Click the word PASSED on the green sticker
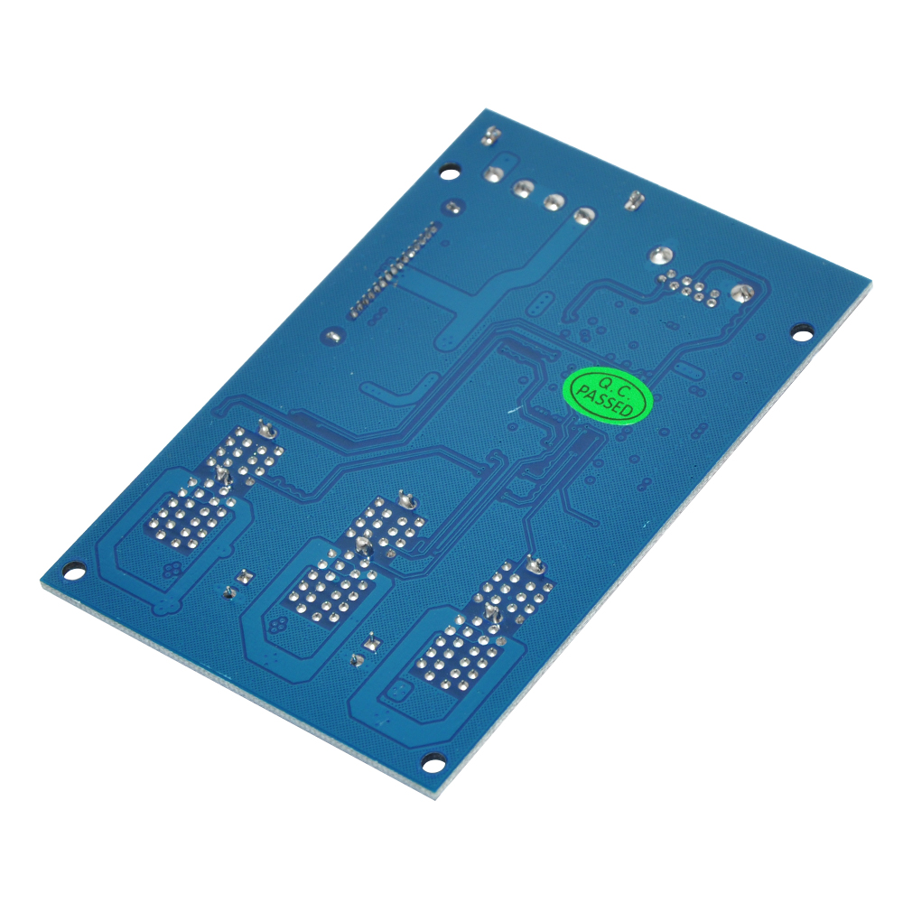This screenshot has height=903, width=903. (605, 403)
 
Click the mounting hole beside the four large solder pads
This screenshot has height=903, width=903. (449, 172)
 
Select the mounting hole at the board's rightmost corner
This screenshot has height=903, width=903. (802, 332)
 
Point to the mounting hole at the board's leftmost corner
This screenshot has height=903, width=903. (72, 573)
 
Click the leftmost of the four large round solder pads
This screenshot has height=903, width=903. (492, 173)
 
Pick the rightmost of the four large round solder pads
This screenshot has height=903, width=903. (584, 217)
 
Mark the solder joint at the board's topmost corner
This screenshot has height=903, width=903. (490, 135)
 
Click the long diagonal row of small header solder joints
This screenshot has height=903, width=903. (392, 269)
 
